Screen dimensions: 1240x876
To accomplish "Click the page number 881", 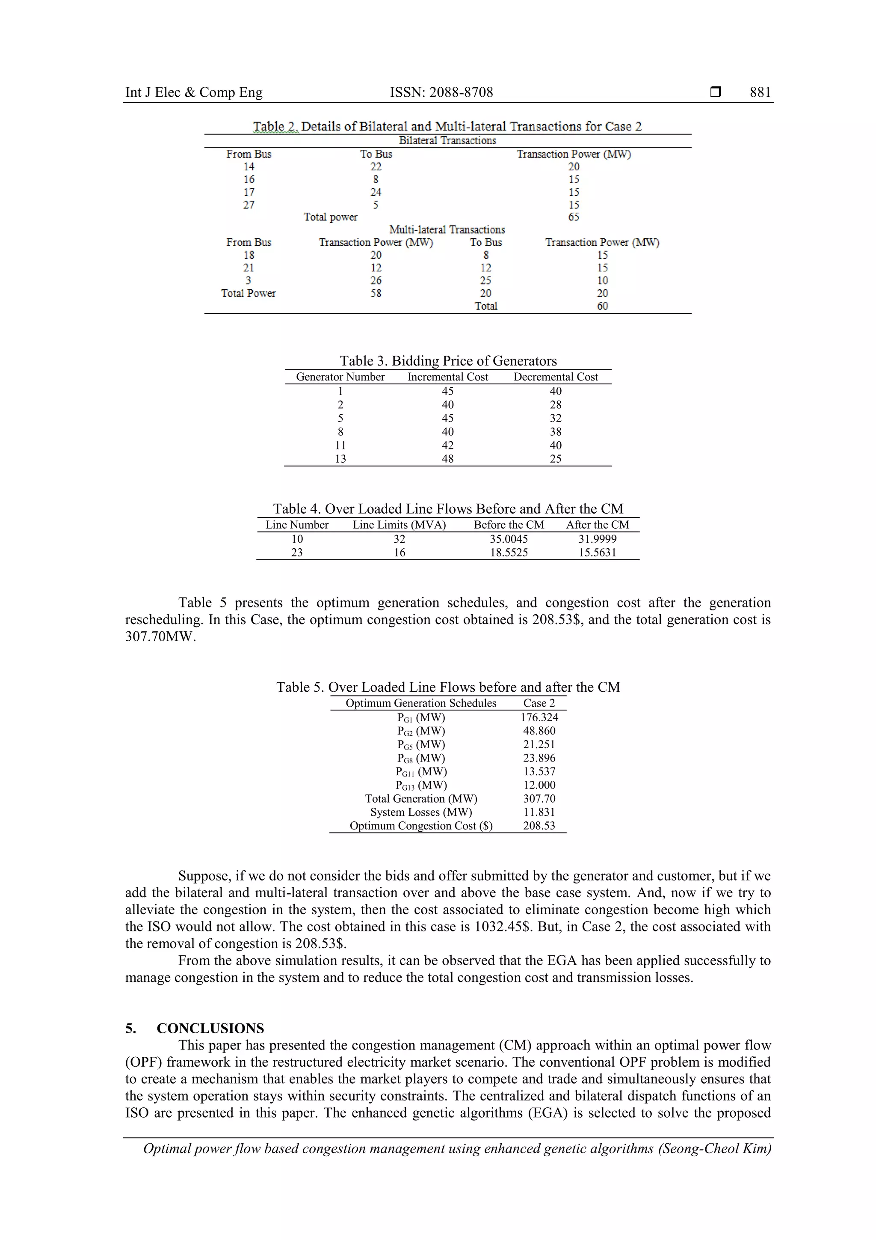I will click(760, 92).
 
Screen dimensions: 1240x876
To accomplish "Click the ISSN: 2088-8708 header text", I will click(441, 92).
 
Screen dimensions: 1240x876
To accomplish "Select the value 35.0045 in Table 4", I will click(509, 539).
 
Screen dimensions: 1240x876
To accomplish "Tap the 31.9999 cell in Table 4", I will click(597, 539).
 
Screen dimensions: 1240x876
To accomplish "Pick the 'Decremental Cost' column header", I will click(555, 377).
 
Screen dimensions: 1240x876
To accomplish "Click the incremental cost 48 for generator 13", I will click(447, 458).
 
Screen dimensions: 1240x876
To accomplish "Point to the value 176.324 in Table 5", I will click(539, 717).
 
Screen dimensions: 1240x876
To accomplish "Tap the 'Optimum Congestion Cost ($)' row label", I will click(421, 825).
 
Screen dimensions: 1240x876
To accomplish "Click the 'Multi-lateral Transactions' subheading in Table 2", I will click(447, 229).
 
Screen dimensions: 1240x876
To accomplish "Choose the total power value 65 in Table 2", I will click(574, 217).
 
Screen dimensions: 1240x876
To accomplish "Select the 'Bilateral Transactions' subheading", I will click(447, 140).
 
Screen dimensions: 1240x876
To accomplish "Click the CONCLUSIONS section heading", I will click(210, 1028).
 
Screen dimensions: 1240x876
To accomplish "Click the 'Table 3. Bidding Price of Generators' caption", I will click(448, 361).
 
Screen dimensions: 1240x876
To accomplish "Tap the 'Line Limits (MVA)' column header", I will click(399, 525).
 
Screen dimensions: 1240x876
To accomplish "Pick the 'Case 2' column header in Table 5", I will click(539, 703).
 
